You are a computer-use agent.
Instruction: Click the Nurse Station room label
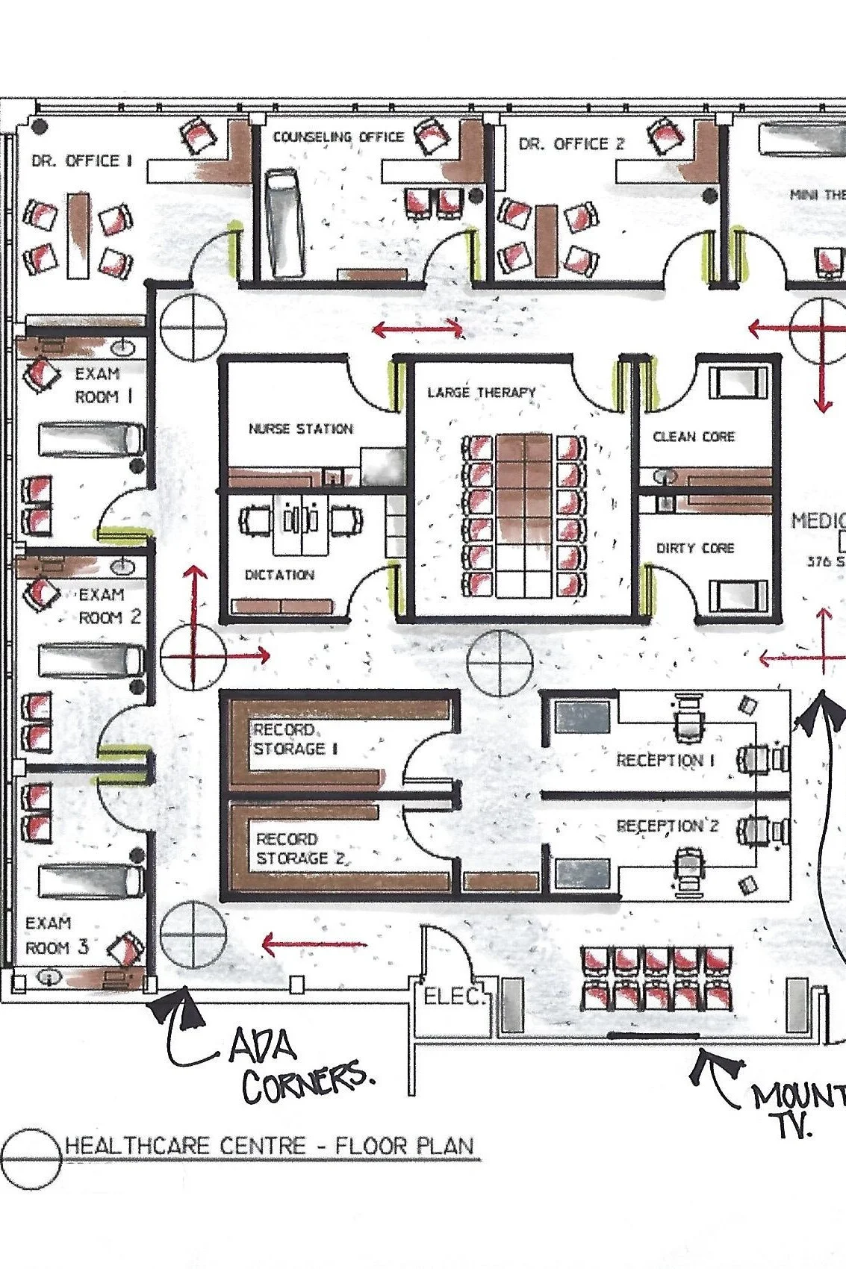pyautogui.click(x=300, y=429)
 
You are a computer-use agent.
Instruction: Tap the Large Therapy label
pyautogui.click(x=482, y=393)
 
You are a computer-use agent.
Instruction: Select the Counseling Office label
pyautogui.click(x=338, y=137)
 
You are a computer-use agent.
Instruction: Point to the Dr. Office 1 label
pyautogui.click(x=81, y=160)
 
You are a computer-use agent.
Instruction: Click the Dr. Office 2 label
pyautogui.click(x=571, y=144)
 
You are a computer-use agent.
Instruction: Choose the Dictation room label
pyautogui.click(x=279, y=575)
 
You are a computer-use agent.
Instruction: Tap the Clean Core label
pyautogui.click(x=694, y=437)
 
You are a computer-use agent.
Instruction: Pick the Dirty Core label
pyautogui.click(x=695, y=548)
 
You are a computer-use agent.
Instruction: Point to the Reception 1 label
pyautogui.click(x=665, y=761)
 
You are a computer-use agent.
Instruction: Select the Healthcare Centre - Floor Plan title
pyautogui.click(x=269, y=1146)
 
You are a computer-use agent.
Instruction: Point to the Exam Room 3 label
pyautogui.click(x=57, y=935)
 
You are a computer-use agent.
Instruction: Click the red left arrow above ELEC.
pyautogui.click(x=314, y=945)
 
